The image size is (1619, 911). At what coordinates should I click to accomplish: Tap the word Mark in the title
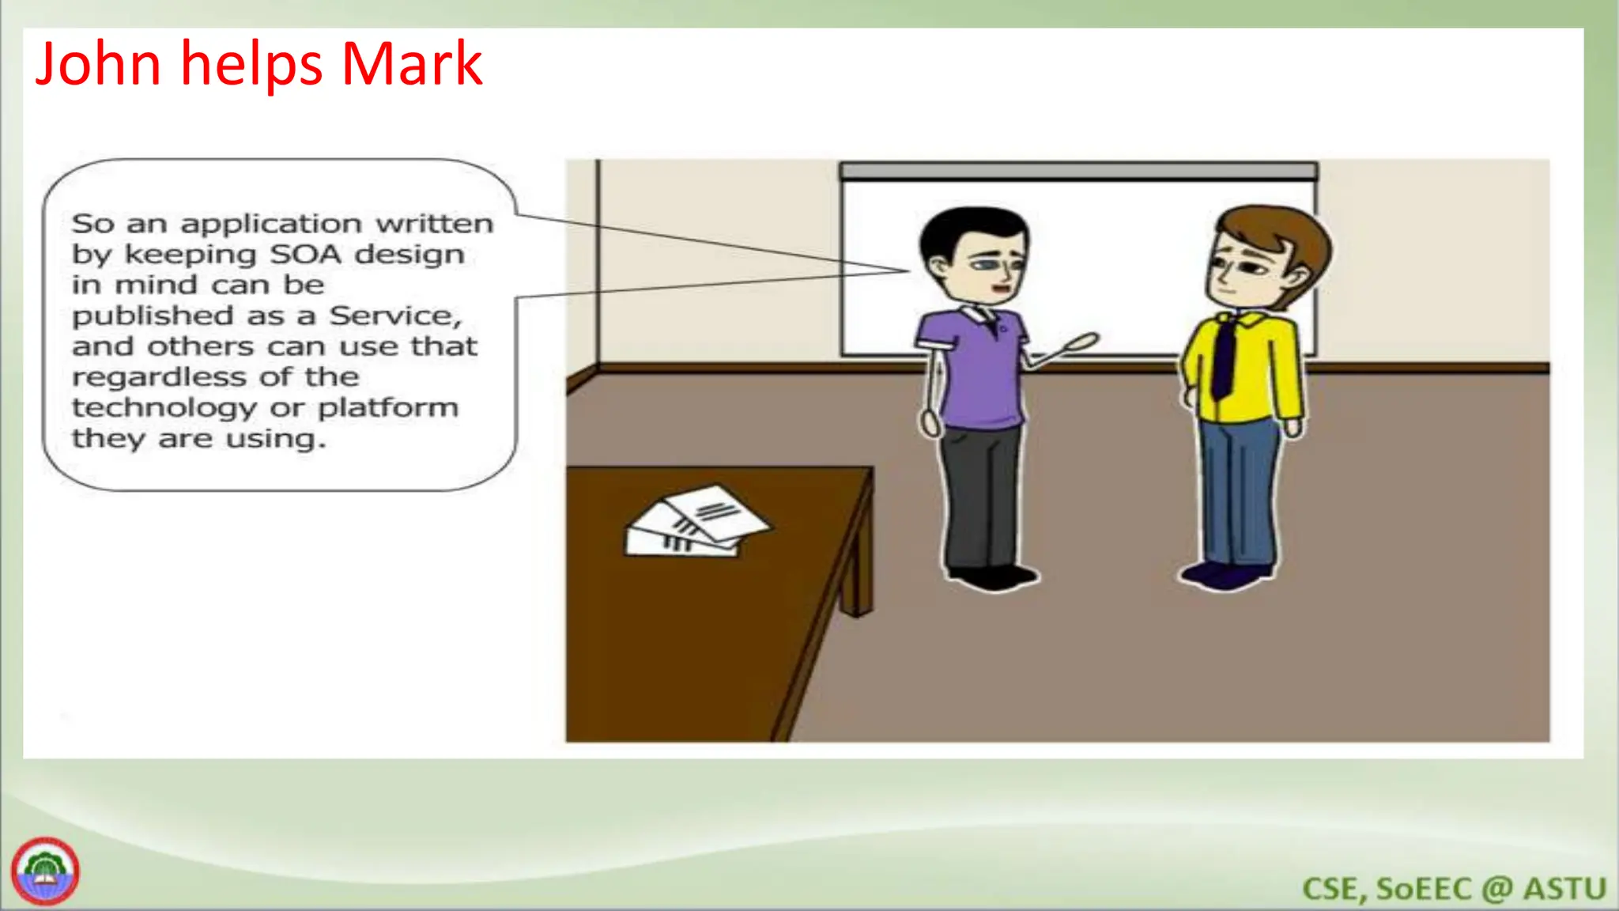point(411,64)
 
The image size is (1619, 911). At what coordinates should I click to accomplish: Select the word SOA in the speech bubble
point(306,255)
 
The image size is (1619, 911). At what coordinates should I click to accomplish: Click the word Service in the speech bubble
point(394,316)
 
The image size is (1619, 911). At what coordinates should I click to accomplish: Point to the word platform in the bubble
point(388,407)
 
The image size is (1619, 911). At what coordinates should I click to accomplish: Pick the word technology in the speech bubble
point(164,408)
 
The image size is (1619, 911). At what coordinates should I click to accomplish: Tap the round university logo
point(45,871)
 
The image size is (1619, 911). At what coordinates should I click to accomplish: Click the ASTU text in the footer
point(1564,889)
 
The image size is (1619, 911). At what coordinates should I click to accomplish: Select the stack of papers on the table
point(696,522)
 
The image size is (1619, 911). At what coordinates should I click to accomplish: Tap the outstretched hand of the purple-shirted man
point(1080,343)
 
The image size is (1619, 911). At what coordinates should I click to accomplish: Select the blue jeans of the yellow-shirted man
point(1238,490)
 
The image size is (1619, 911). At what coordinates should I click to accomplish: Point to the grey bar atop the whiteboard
point(1078,171)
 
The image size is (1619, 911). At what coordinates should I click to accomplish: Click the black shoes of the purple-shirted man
point(992,576)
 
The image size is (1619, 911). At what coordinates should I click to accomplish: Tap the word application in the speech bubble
point(271,225)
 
